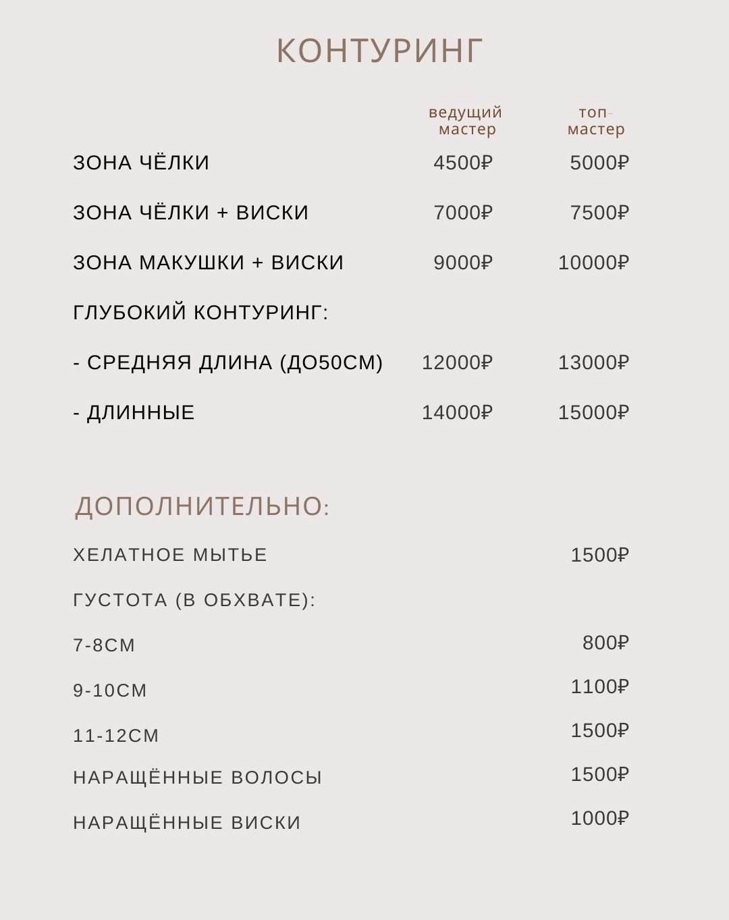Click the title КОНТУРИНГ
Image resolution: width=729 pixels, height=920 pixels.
click(x=379, y=51)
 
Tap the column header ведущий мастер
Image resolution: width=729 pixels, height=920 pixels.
click(x=466, y=121)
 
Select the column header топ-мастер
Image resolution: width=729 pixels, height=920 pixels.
click(x=595, y=121)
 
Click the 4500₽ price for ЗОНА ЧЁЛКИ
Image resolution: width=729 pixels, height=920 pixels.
click(x=463, y=163)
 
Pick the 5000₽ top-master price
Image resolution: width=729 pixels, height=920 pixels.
click(x=599, y=163)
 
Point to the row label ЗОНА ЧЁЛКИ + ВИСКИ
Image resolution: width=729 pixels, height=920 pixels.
click(x=190, y=213)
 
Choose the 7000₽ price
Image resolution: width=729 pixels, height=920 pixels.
click(x=463, y=213)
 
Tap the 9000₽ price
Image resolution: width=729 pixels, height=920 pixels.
click(x=463, y=263)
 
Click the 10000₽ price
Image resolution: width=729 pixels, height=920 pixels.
click(x=593, y=263)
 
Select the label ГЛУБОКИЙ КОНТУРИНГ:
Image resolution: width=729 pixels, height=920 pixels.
click(x=200, y=313)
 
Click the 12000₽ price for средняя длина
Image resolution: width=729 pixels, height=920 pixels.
click(x=457, y=362)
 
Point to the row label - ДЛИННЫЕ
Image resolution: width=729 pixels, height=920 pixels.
click(x=134, y=412)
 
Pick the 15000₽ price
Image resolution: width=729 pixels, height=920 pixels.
click(x=593, y=412)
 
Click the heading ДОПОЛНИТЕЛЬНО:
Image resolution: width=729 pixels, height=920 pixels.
click(x=202, y=506)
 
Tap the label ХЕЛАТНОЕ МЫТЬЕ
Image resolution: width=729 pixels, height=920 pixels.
click(x=170, y=555)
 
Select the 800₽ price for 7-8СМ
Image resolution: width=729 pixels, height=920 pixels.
click(x=605, y=643)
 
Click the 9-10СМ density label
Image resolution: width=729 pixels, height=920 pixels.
click(x=110, y=691)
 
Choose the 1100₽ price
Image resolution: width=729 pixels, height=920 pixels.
click(x=599, y=686)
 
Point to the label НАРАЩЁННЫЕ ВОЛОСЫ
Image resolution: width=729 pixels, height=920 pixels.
click(x=197, y=778)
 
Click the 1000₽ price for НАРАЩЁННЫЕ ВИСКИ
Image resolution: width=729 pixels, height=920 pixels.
click(x=599, y=818)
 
